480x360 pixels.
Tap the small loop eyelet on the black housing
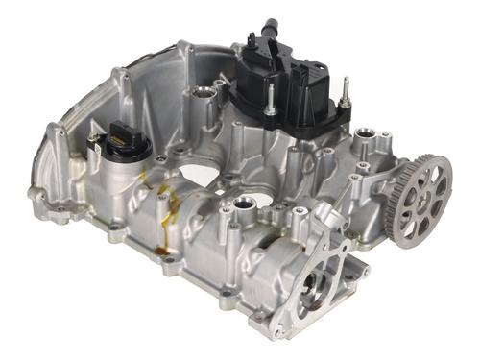252,40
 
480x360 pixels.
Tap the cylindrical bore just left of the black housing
204,95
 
